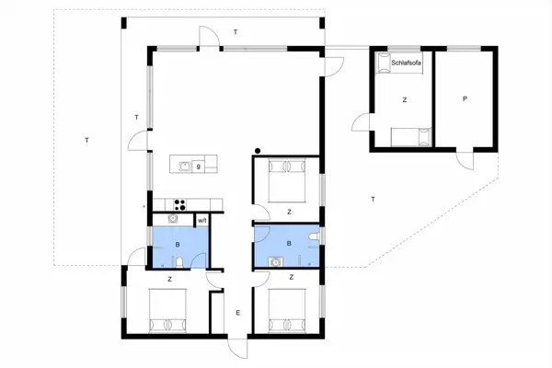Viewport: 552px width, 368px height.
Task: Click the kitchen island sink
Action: pyautogui.click(x=185, y=167)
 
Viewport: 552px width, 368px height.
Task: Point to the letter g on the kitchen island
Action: pyautogui.click(x=198, y=167)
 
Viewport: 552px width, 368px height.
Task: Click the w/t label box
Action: pyautogui.click(x=201, y=220)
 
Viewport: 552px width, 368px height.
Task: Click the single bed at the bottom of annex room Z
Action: pyautogui.click(x=409, y=137)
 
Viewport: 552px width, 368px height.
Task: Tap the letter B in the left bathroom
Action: pyautogui.click(x=178, y=245)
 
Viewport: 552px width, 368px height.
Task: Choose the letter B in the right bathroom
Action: pyautogui.click(x=289, y=245)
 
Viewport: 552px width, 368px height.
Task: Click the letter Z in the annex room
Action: pyautogui.click(x=404, y=98)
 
